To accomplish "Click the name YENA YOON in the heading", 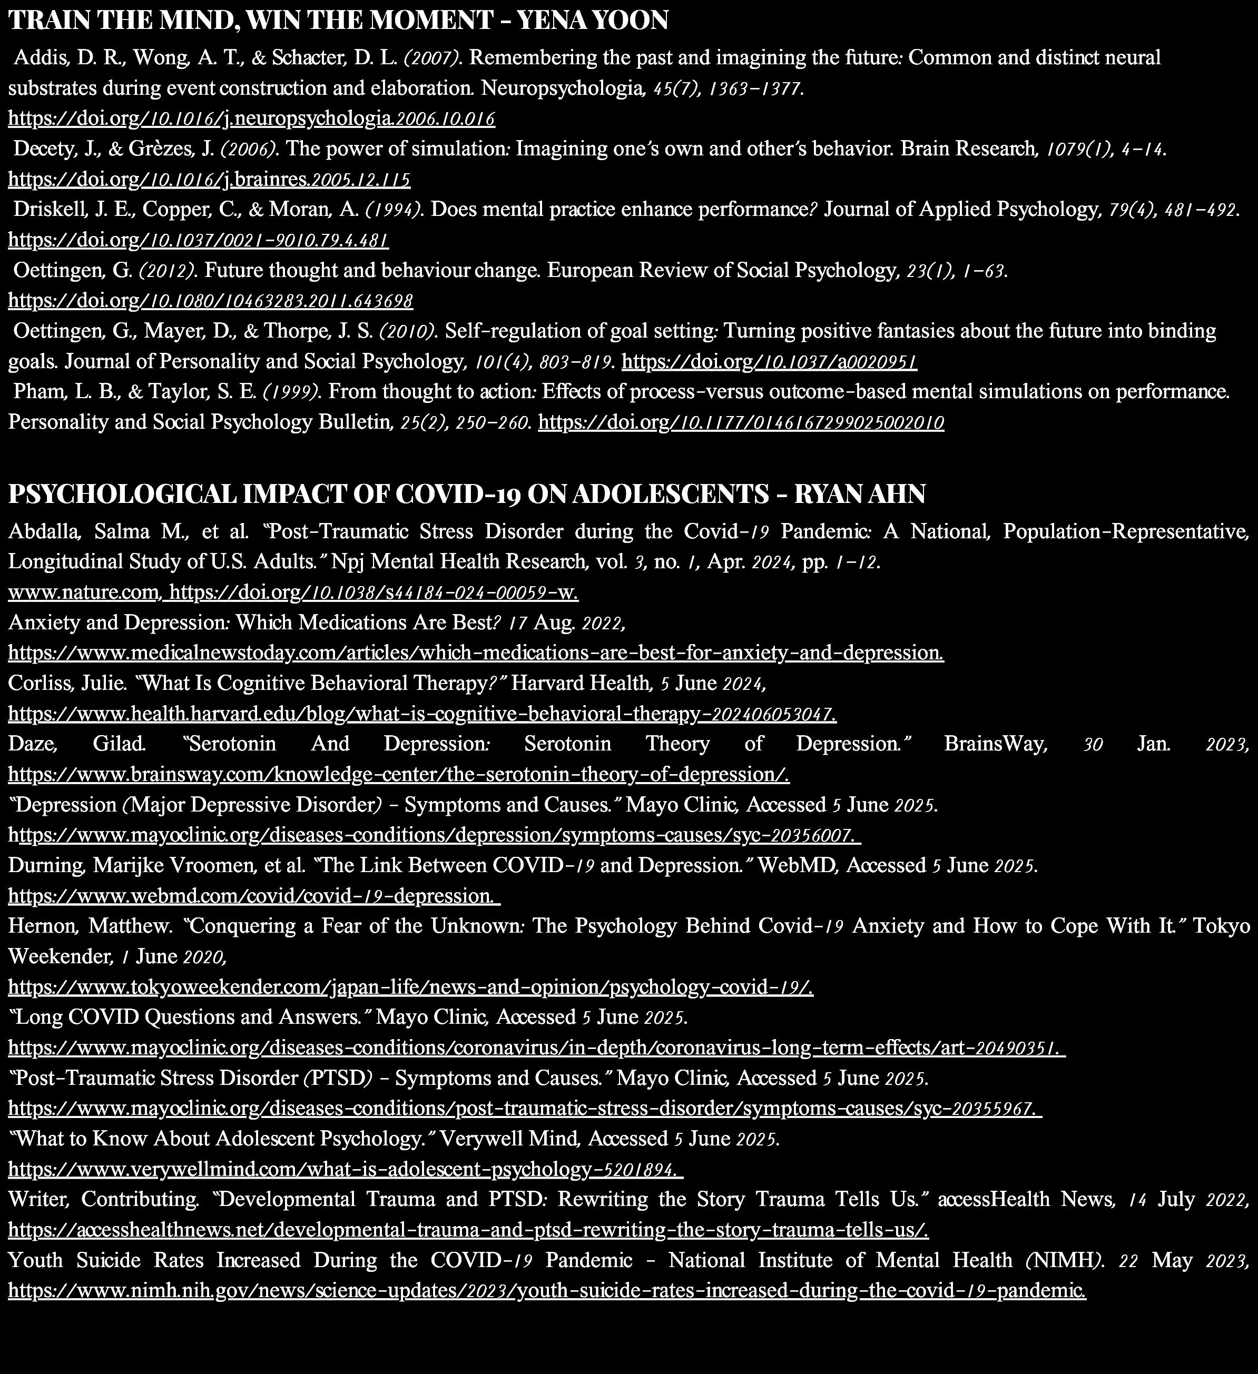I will click(x=593, y=21).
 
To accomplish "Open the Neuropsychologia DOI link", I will click(x=251, y=119).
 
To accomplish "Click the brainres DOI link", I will click(x=209, y=180).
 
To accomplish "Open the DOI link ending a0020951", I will click(x=769, y=362).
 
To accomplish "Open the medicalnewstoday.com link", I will click(x=475, y=653).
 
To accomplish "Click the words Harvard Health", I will click(x=580, y=683).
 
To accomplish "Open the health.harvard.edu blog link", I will click(x=421, y=714).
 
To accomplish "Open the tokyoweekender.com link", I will click(x=410, y=987).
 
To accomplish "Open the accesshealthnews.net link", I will click(x=468, y=1230).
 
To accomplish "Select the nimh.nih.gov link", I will click(x=546, y=1291).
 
